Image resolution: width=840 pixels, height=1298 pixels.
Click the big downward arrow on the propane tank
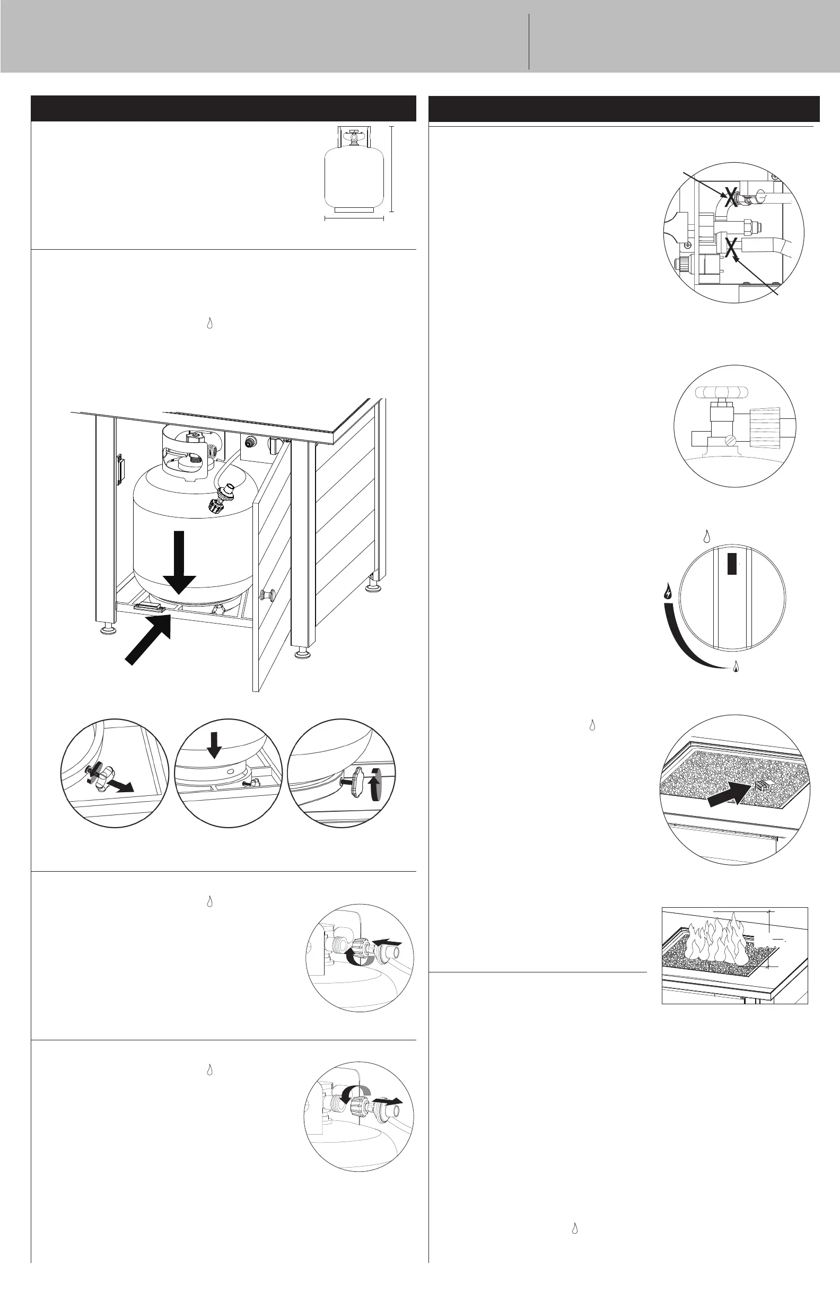point(178,562)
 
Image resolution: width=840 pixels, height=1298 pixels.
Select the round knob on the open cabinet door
point(267,594)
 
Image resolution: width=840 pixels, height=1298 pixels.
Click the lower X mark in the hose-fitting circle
point(731,248)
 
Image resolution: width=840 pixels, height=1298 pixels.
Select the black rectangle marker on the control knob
point(732,564)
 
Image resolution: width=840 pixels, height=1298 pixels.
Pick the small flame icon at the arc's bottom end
point(737,666)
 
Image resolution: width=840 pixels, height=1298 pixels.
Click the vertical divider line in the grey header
point(529,42)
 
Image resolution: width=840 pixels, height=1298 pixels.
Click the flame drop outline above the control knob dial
point(707,537)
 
